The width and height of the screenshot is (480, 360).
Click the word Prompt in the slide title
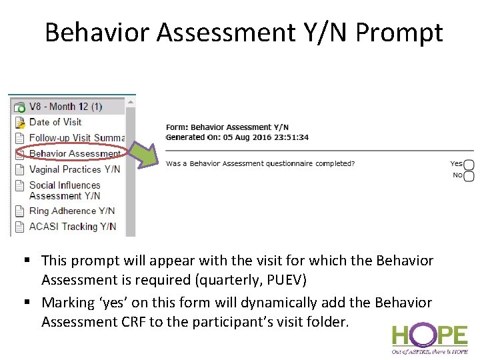[x=399, y=32]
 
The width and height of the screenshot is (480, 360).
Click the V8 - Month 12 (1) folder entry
[x=65, y=107]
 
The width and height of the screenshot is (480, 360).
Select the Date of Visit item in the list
[x=55, y=122]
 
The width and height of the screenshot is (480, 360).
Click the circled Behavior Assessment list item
[x=74, y=153]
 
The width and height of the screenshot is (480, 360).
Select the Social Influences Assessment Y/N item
[x=65, y=191]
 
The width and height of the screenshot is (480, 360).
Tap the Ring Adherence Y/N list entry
[x=72, y=211]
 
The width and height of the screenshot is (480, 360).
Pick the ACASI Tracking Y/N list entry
[x=73, y=227]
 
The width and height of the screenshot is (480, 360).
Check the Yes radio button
[x=469, y=165]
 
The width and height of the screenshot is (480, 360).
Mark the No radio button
[x=469, y=176]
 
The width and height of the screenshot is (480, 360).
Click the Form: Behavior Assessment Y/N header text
[x=227, y=127]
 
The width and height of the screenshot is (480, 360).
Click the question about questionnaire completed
[x=260, y=163]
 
